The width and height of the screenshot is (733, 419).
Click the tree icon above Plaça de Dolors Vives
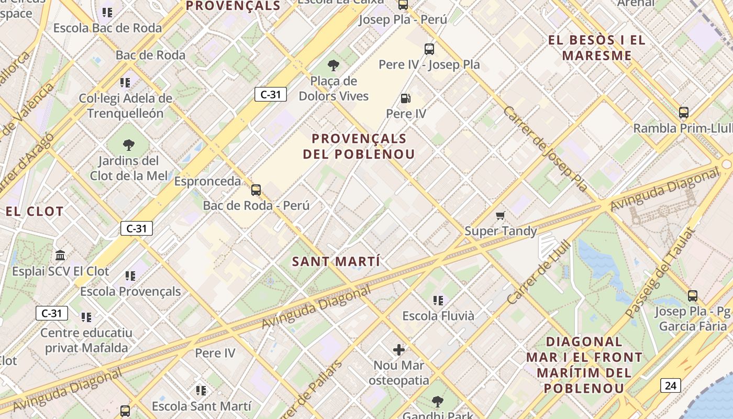[333, 65]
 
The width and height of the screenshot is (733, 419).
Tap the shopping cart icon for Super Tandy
[501, 215]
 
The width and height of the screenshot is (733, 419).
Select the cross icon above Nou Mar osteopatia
[399, 349]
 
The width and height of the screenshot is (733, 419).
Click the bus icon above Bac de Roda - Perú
[256, 190]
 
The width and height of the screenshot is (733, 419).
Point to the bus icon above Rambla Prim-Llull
[683, 113]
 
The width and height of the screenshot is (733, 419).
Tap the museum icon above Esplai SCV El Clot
[60, 256]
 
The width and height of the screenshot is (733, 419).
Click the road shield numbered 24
[670, 385]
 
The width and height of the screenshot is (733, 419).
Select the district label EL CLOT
[35, 212]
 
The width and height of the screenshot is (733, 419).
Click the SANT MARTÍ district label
[336, 261]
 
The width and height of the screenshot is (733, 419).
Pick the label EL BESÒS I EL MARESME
[597, 48]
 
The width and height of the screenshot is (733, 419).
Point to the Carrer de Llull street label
[539, 272]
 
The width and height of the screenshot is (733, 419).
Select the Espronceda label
[207, 181]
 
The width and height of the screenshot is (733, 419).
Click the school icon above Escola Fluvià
[438, 300]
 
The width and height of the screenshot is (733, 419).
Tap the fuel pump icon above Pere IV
[406, 98]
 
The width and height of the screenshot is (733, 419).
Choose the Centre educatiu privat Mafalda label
[86, 340]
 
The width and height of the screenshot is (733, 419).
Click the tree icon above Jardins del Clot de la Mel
[128, 145]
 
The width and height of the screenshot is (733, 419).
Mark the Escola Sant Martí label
[202, 406]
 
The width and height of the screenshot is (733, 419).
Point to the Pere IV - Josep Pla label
[429, 64]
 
